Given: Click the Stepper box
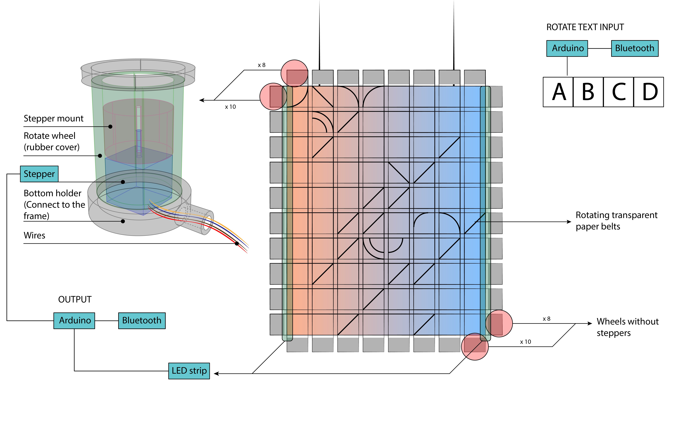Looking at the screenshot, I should [x=39, y=174].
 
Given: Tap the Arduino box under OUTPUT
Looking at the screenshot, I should [x=74, y=320].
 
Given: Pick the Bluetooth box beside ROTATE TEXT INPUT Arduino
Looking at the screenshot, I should [x=635, y=48].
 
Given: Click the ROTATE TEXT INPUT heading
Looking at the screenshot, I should [x=585, y=27].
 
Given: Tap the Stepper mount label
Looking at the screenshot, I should [x=53, y=118].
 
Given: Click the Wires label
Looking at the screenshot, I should [x=34, y=235].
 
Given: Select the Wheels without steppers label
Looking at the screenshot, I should [x=627, y=327].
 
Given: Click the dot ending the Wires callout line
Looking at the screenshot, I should [x=237, y=243].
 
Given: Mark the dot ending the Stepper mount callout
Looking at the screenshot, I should [x=110, y=126].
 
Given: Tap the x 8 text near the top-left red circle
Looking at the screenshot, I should [x=262, y=65].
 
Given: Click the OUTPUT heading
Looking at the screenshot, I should [x=75, y=299].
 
